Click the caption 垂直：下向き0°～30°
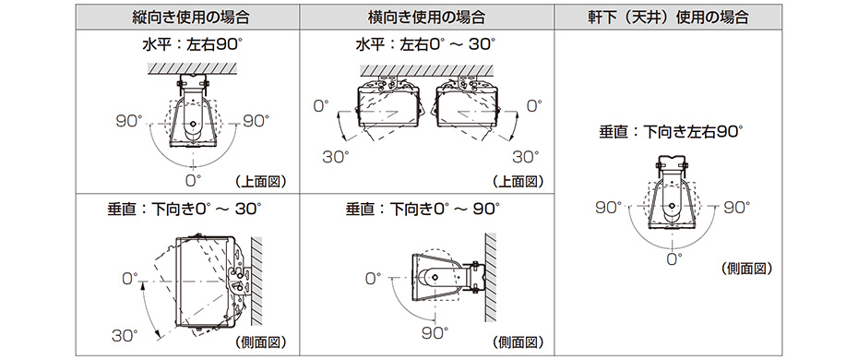pyautogui.click(x=185, y=209)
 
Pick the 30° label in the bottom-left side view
pyautogui.click(x=126, y=334)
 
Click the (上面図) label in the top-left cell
pyautogui.click(x=261, y=180)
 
